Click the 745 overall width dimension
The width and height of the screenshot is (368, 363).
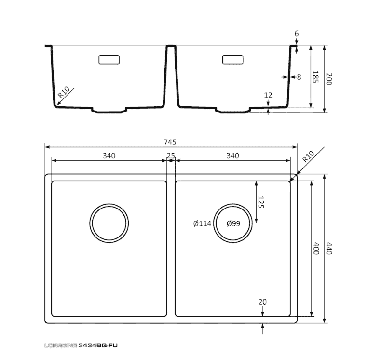pos(170,142)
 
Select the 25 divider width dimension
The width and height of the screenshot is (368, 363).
pos(171,155)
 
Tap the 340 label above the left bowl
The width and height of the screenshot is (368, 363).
pos(109,155)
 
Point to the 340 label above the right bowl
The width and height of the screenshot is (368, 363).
pos(233,155)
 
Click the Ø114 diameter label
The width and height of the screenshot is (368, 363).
pos(202,223)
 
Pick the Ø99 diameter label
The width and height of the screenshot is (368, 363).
pos(233,223)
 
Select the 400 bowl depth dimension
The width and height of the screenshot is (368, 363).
pos(316,248)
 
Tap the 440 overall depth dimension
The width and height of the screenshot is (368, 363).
pos(329,248)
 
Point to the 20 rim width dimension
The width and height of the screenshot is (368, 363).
pos(263,302)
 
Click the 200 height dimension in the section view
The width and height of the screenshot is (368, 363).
pos(329,79)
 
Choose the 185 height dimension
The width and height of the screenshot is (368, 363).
pos(315,77)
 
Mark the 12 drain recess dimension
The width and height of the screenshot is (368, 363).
pos(268,95)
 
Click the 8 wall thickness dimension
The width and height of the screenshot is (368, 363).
pos(299,77)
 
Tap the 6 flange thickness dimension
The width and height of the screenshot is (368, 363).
pos(297,34)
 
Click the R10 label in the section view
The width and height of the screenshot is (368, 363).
pos(64,92)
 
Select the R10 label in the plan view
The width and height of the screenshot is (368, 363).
pos(308,156)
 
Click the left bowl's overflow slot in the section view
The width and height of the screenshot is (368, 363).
pos(109,60)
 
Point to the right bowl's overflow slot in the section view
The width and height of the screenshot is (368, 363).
pos(233,60)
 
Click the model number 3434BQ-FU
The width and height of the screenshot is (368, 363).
pos(98,345)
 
